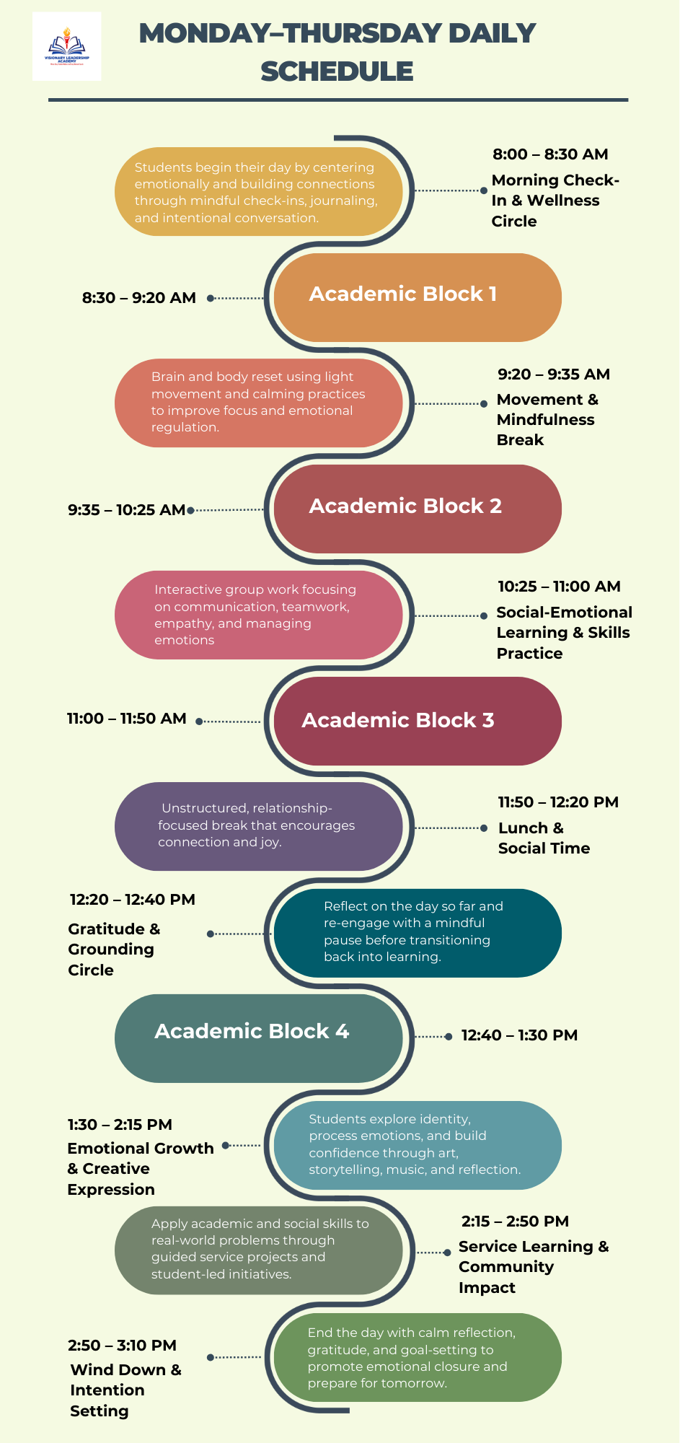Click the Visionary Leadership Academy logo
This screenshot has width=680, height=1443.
(66, 46)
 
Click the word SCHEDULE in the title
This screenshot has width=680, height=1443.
(337, 71)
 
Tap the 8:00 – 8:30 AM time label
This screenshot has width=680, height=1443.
(550, 154)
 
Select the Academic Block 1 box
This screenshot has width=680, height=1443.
(417, 297)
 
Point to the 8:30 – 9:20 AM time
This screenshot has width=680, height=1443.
(139, 298)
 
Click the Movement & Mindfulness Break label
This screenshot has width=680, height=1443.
(547, 420)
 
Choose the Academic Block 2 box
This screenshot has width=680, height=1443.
(417, 508)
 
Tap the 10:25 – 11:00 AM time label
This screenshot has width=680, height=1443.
(559, 587)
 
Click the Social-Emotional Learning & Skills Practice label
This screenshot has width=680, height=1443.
(564, 633)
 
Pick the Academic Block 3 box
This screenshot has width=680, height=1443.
(417, 720)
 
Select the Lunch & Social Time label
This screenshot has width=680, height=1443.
(544, 838)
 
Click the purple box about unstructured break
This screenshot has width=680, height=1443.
(258, 826)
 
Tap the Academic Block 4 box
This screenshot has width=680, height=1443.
(258, 1038)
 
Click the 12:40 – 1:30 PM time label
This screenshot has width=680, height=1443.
(519, 1035)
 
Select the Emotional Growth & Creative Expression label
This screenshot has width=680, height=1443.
(140, 1169)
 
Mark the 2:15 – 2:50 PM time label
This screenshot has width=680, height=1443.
(515, 1221)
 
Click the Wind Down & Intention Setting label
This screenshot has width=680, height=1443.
(125, 1390)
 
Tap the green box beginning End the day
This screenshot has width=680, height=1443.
(417, 1357)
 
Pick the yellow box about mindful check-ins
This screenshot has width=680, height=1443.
(258, 192)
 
